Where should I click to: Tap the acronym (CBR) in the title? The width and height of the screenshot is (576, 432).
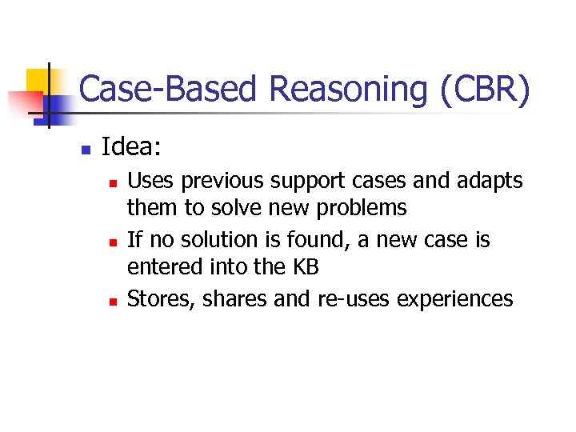[485, 90]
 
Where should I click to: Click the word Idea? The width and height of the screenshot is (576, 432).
[132, 147]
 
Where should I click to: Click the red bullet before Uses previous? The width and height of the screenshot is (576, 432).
[113, 183]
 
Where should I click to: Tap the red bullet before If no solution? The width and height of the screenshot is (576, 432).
[113, 242]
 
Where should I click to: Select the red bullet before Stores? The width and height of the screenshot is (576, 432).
[113, 301]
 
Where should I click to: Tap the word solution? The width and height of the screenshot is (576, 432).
[221, 240]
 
